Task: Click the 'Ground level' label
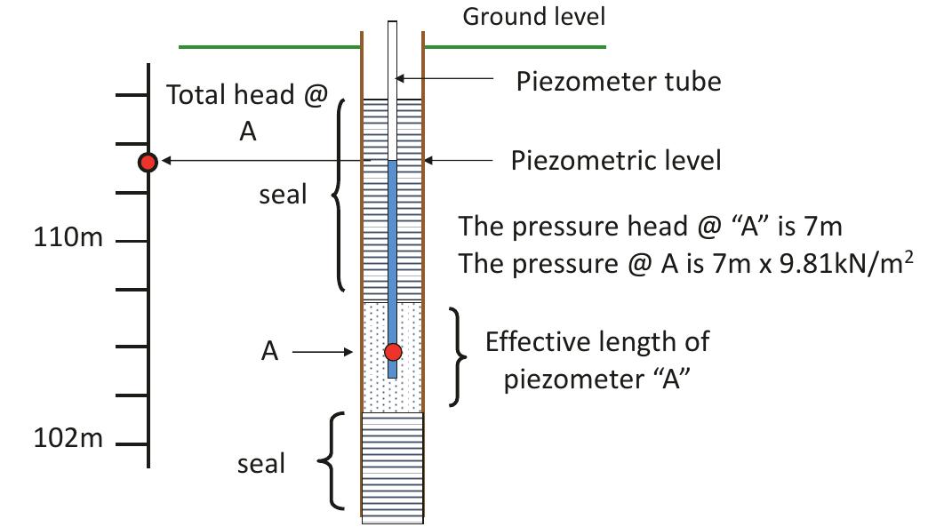(533, 16)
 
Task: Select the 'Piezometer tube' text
(619, 82)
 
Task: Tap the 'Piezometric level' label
(616, 161)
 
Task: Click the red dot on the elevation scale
(148, 162)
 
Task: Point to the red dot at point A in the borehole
(393, 352)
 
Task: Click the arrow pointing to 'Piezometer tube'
(444, 79)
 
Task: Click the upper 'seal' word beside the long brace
(283, 195)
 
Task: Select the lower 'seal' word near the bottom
(261, 463)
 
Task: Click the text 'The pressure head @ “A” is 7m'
(650, 227)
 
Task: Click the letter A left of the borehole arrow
(270, 353)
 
